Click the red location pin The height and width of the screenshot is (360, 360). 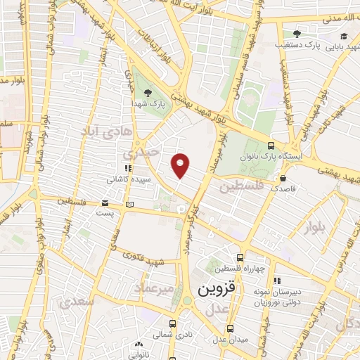(x=181, y=165)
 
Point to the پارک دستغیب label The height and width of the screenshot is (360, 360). (x=323, y=44)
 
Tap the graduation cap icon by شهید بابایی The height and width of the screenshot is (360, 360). (x=343, y=37)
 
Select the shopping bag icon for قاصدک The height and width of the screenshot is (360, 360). (x=283, y=178)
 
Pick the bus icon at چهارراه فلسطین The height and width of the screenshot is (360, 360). (x=241, y=257)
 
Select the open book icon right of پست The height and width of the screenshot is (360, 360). (x=128, y=205)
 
